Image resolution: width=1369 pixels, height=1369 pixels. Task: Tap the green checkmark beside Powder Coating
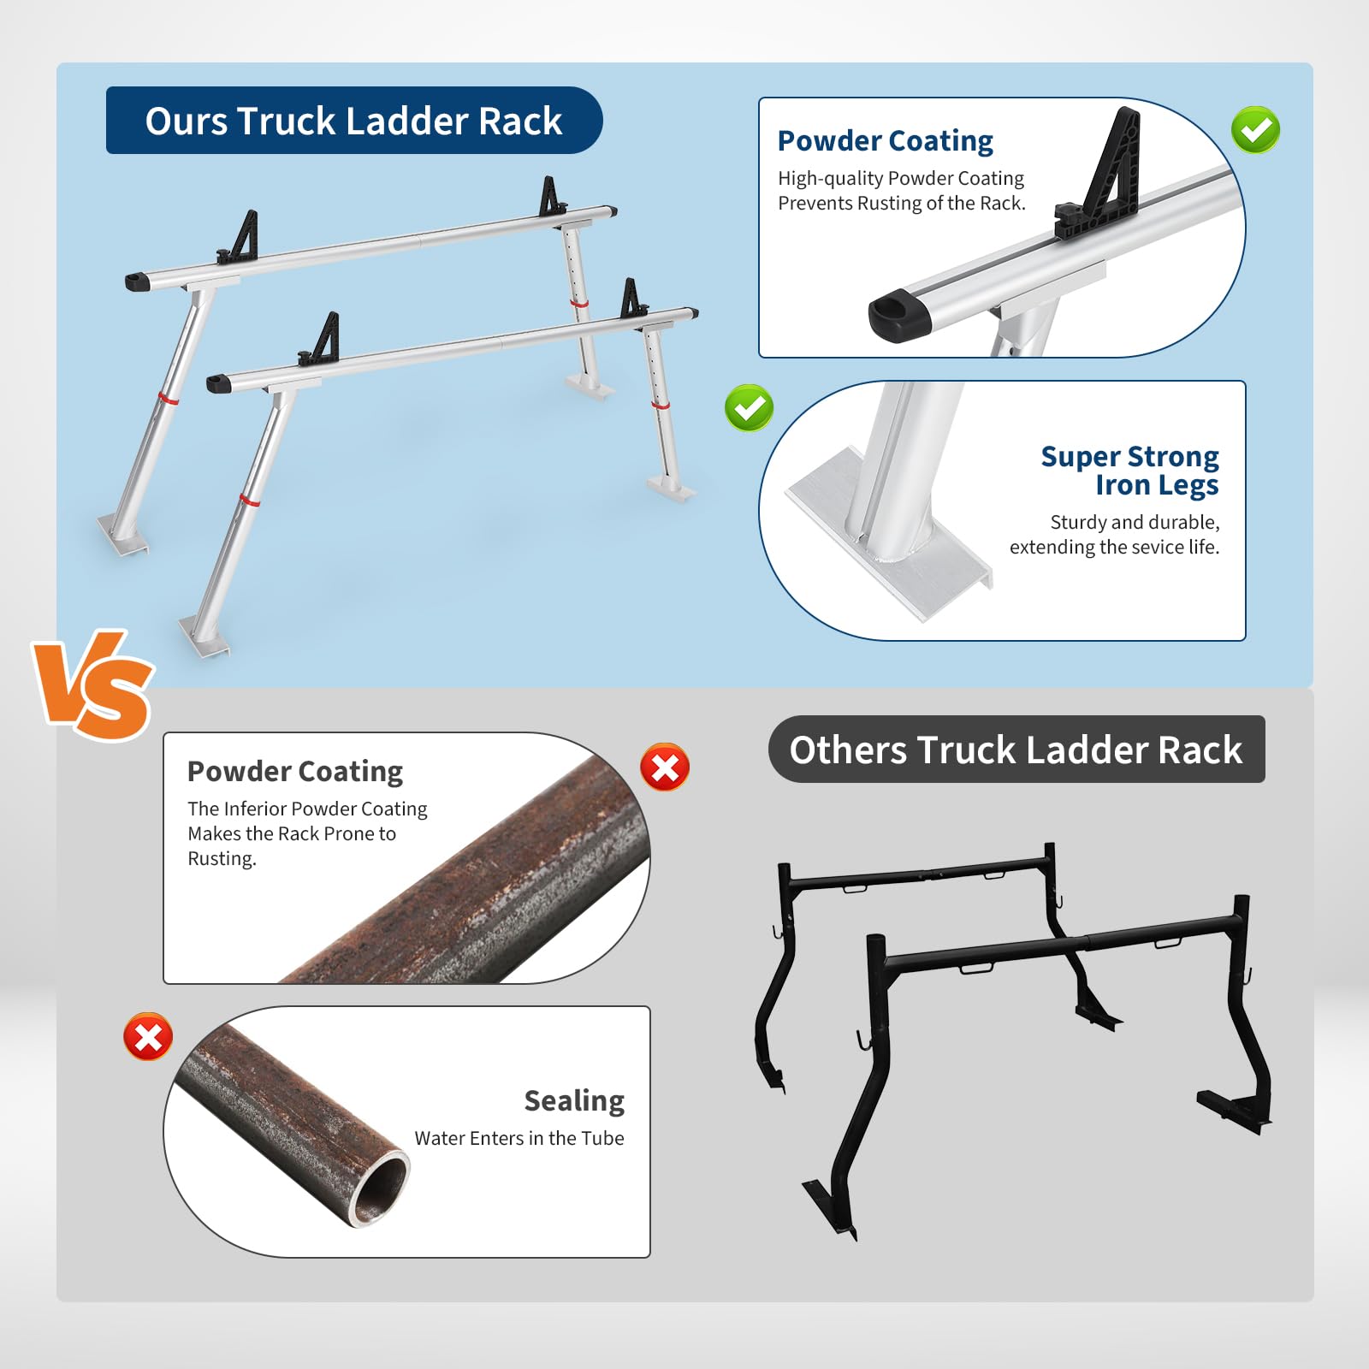[1255, 130]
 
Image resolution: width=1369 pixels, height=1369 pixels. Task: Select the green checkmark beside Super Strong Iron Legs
[749, 407]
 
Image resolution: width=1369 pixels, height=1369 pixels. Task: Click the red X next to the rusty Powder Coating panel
[665, 767]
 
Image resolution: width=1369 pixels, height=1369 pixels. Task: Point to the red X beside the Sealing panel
[148, 1037]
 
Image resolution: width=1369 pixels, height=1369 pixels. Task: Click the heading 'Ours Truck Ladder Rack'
[353, 121]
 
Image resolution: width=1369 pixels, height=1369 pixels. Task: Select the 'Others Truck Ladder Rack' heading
[1016, 750]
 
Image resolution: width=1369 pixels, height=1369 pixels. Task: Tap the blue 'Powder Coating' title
[886, 140]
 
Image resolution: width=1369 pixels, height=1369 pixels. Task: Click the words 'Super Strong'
[1129, 457]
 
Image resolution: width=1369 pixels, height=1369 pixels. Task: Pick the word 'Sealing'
[574, 1101]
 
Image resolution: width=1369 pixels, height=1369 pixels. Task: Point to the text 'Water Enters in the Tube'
[519, 1138]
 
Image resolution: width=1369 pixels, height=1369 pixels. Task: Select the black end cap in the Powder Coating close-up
[899, 315]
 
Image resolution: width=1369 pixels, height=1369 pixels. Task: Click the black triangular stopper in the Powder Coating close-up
[1104, 180]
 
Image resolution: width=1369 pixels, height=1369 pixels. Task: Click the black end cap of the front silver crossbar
[219, 382]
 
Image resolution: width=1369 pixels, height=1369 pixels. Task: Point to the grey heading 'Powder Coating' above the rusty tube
[295, 772]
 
